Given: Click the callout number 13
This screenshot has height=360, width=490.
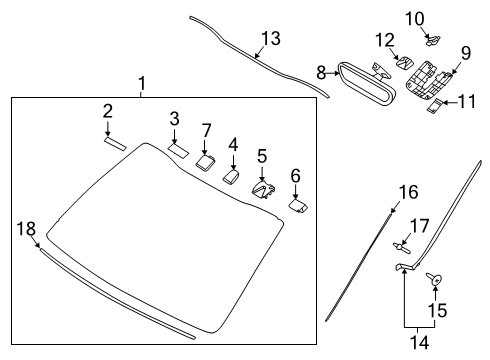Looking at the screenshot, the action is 271,38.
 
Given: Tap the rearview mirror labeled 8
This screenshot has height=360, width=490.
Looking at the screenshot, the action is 367,83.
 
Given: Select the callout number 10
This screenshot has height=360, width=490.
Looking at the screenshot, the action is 415,19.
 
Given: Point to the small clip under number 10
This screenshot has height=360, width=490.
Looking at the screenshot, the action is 433,40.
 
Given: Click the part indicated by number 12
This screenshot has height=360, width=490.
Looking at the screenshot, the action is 404,62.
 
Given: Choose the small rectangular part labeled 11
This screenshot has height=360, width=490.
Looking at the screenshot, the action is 434,106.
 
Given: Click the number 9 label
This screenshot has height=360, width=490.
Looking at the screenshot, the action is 466,53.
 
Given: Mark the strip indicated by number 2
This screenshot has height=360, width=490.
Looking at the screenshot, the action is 115,143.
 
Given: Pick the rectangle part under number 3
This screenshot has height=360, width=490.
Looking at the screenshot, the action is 178,150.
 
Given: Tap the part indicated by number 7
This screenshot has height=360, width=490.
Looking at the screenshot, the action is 205,161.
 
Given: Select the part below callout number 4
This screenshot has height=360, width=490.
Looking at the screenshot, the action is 231,176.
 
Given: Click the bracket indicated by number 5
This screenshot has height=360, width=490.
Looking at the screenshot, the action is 263,189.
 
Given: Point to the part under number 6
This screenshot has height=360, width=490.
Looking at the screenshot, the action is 298,205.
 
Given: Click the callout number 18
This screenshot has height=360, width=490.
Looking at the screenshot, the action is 26,229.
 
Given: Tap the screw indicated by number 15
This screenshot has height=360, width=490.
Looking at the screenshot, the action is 434,279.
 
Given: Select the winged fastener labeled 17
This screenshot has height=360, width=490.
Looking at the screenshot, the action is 401,248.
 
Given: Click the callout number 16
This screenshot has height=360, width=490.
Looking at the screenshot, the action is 409,192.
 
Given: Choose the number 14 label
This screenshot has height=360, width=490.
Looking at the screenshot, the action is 419,342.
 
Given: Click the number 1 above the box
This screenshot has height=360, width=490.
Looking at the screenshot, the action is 142,83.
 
